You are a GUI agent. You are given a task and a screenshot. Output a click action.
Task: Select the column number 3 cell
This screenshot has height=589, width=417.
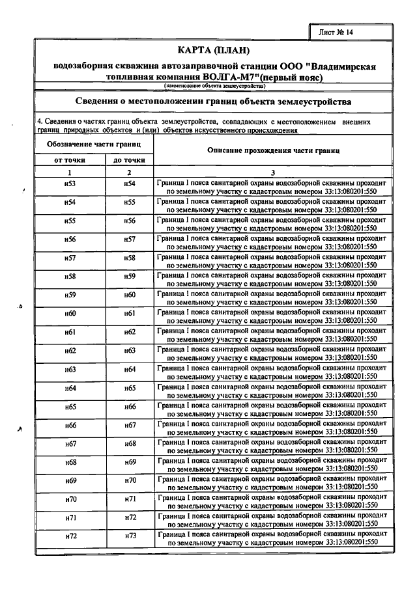273,172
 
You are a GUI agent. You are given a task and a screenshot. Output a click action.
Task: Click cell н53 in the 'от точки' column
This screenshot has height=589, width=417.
70,184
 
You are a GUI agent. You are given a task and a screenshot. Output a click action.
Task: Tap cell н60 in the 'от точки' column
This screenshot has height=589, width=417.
70,314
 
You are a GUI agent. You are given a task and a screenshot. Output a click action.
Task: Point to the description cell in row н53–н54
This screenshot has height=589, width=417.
273,188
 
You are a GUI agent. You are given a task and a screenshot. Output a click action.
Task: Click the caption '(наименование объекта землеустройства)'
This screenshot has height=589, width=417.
214,86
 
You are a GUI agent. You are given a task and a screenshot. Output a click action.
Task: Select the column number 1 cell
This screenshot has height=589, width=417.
70,172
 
